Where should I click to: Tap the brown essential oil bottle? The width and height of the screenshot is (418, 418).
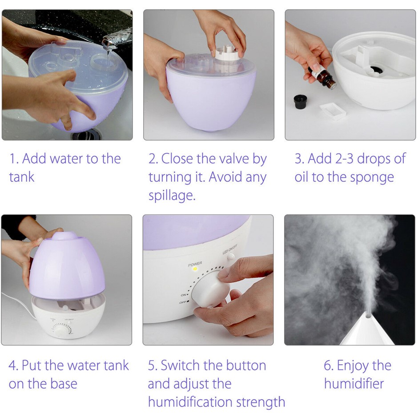click(x=323, y=77)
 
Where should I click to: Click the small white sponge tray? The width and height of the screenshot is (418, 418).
click(x=333, y=111)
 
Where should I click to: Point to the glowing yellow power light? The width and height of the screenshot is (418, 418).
click(x=195, y=269)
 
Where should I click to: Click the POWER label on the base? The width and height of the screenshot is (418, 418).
click(x=195, y=264)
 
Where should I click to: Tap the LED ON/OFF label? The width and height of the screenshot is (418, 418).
click(x=230, y=249)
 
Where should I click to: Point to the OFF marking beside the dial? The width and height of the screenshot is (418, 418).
click(x=183, y=302)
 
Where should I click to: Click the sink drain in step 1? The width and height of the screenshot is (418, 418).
click(x=86, y=134)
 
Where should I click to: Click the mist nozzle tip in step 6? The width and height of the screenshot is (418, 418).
click(x=368, y=316)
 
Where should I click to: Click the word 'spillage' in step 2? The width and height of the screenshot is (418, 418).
click(x=172, y=196)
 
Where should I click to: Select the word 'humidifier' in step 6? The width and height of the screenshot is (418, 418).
click(x=354, y=384)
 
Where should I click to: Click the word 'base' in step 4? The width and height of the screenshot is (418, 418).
click(x=64, y=384)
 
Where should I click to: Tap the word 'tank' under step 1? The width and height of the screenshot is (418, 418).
click(x=22, y=177)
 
